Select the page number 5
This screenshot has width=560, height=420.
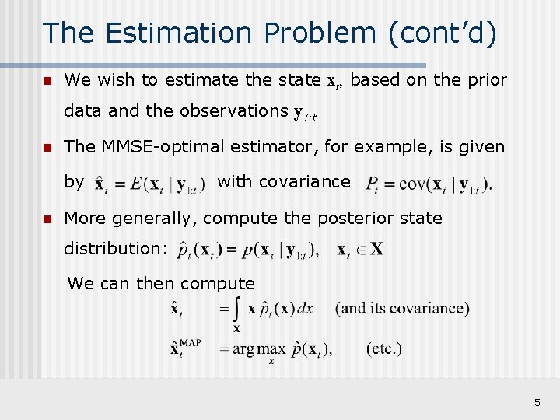[537, 402]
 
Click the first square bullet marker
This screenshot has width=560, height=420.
[47, 80]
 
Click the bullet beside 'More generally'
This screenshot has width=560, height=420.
[47, 219]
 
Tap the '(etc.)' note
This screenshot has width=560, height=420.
[384, 348]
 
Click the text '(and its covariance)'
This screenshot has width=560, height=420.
[402, 308]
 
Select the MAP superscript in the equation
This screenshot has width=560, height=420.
[190, 343]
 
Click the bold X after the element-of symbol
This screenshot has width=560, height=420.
[376, 250]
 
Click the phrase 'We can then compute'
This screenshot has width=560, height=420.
[161, 283]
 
